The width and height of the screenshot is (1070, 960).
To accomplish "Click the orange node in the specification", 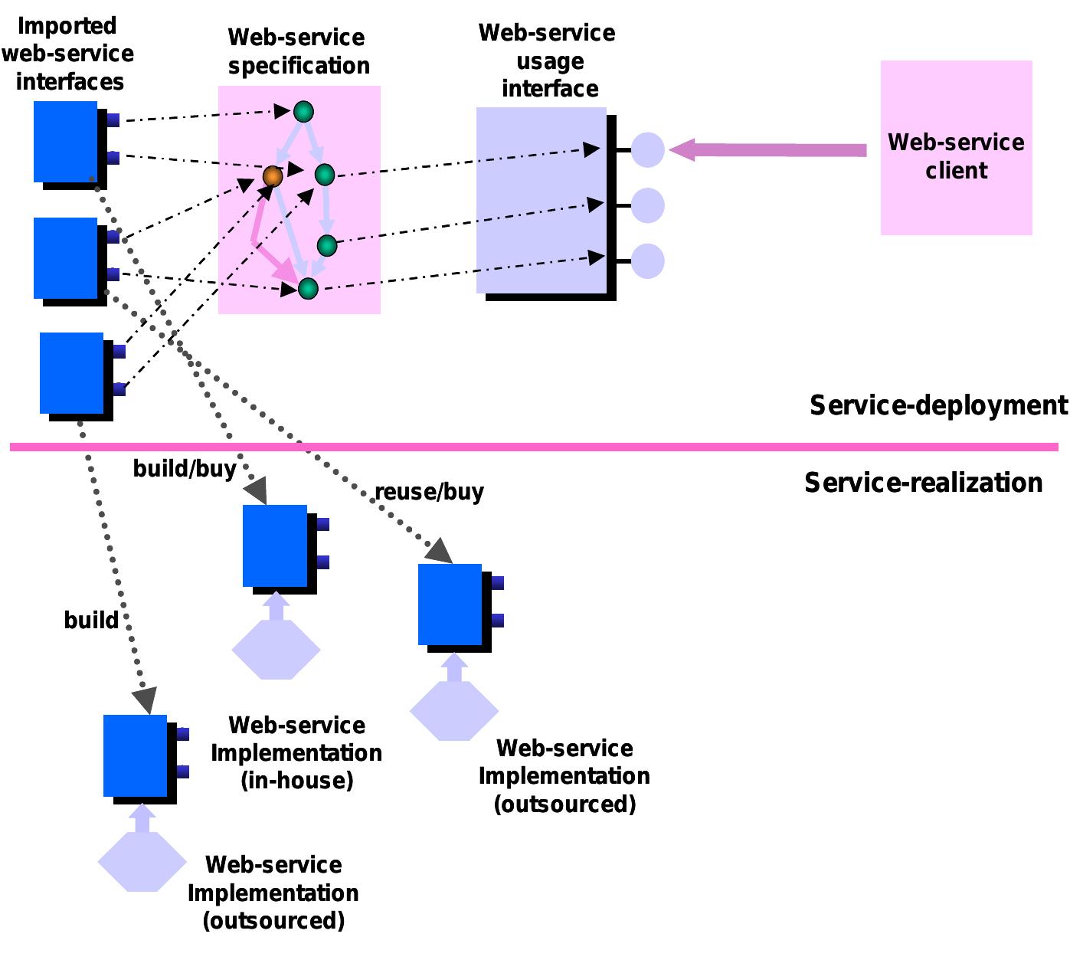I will (x=273, y=177).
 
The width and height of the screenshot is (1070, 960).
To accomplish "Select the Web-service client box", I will (x=956, y=148).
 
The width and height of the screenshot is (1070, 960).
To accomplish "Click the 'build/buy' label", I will (x=185, y=468).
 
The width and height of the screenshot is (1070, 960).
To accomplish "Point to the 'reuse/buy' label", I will (x=429, y=492).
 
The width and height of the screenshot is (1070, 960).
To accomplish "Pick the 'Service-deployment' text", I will (x=937, y=405).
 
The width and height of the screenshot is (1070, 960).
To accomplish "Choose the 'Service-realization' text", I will (x=924, y=483).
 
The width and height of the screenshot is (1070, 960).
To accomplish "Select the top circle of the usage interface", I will (x=648, y=149).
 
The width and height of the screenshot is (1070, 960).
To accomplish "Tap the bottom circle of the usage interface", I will (x=648, y=261).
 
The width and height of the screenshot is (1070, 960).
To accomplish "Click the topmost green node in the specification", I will (x=304, y=112).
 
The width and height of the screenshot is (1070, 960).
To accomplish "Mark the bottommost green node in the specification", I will (x=308, y=289).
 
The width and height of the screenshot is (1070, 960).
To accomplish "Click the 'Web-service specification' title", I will (x=298, y=51).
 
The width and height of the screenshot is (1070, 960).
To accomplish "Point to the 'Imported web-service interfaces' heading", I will (x=68, y=54).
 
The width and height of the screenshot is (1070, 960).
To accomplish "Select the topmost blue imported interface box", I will (x=66, y=142).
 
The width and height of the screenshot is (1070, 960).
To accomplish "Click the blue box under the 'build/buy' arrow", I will (x=275, y=546).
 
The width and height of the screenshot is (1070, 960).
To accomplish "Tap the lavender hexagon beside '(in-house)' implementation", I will (x=276, y=650).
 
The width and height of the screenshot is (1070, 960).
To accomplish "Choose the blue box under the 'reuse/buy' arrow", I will (x=450, y=605).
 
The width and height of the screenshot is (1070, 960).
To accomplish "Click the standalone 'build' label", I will (x=91, y=620).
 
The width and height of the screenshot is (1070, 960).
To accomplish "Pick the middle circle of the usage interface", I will (x=648, y=205).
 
